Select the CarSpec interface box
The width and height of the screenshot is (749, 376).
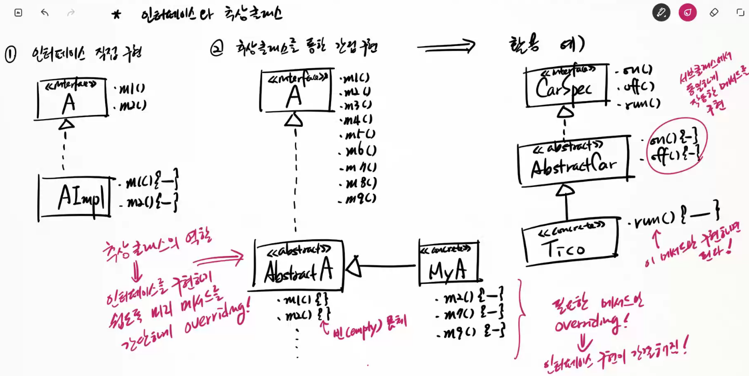(x=565, y=86)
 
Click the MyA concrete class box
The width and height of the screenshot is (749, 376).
(x=448, y=264)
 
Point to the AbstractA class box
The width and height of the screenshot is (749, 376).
(x=299, y=265)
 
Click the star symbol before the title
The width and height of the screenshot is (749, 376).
(x=116, y=15)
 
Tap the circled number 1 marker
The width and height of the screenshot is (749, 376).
(x=10, y=54)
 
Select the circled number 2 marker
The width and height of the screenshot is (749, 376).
(x=216, y=48)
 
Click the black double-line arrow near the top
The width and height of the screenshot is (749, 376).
(x=446, y=47)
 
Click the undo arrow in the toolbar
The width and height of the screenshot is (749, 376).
(x=45, y=12)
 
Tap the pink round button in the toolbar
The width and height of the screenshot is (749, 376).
(x=687, y=12)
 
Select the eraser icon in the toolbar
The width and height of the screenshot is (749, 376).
(x=714, y=12)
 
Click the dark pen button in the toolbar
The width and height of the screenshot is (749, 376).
(x=661, y=12)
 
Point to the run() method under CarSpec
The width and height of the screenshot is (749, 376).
(x=639, y=104)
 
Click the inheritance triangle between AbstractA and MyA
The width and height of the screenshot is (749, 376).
(x=354, y=266)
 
